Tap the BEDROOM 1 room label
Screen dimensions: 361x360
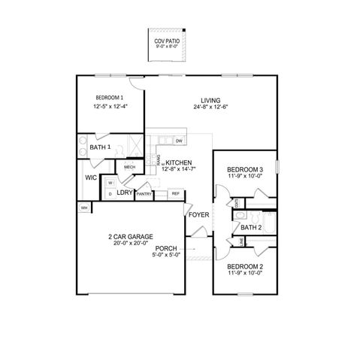pos(110,99)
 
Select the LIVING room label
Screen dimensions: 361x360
pos(210,101)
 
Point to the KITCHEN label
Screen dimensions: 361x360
pos(179,162)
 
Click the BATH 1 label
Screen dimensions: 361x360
pos(100,147)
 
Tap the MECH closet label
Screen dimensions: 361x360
pos(129,167)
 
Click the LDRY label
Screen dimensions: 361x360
pos(125,193)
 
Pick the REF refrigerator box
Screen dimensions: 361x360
pos(176,193)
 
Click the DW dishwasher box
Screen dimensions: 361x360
pos(179,141)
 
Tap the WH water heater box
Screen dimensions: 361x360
pos(83,207)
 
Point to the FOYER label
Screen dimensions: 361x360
pos(198,215)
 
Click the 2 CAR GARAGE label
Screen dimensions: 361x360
pos(131,236)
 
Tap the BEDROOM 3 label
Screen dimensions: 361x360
pos(245,170)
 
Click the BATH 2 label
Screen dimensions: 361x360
pos(251,227)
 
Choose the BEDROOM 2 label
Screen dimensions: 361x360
pos(245,267)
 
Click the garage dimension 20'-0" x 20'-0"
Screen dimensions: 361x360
pos(131,244)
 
